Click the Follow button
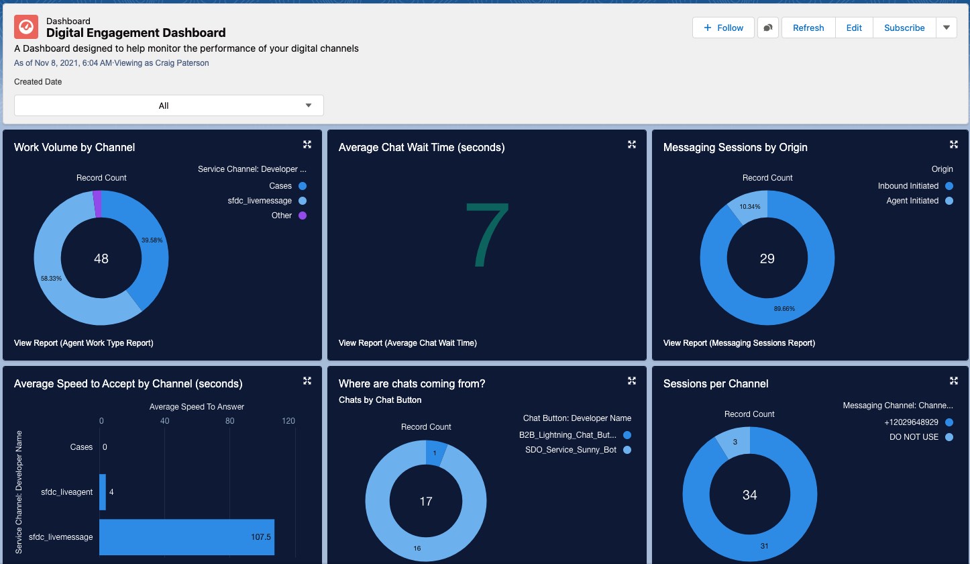click(x=723, y=28)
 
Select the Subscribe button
click(x=904, y=28)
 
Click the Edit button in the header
click(x=853, y=28)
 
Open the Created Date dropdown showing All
click(x=169, y=105)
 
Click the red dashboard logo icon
click(x=26, y=27)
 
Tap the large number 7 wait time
click(x=487, y=234)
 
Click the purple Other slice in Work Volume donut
click(x=97, y=204)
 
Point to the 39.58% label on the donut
click(x=152, y=240)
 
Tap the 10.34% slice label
click(x=749, y=207)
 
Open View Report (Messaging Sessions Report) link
click(x=739, y=343)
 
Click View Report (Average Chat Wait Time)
click(x=407, y=343)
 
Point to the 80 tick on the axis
click(x=229, y=421)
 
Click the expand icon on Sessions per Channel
click(x=953, y=381)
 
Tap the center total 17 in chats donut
click(x=425, y=502)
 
